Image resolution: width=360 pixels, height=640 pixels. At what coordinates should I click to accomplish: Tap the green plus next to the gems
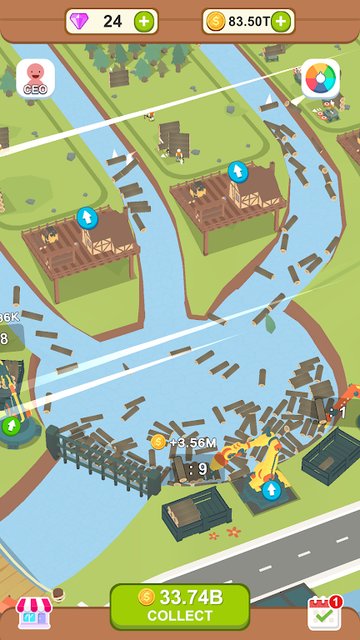coord(145,21)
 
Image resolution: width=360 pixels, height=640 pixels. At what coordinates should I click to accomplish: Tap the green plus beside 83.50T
coord(283,21)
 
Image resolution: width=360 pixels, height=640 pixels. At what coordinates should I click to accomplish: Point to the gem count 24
coord(112,21)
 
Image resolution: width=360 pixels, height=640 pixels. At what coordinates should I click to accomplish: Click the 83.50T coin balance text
coord(248,21)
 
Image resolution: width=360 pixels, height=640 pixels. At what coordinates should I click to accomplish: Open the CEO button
coord(35,78)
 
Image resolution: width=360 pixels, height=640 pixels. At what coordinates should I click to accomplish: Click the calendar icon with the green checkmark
coord(323,613)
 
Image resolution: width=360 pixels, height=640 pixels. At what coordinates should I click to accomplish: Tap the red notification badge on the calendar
coord(336,601)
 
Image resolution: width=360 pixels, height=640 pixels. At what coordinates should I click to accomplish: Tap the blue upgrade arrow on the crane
coord(271,489)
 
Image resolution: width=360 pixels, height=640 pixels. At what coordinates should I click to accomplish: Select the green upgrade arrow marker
coord(11,426)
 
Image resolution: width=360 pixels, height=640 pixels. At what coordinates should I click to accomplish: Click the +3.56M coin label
coord(189,441)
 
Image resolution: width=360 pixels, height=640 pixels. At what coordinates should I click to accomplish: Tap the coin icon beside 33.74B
coord(146,597)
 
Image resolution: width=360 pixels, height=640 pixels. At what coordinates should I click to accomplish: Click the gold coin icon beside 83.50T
coord(215,21)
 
